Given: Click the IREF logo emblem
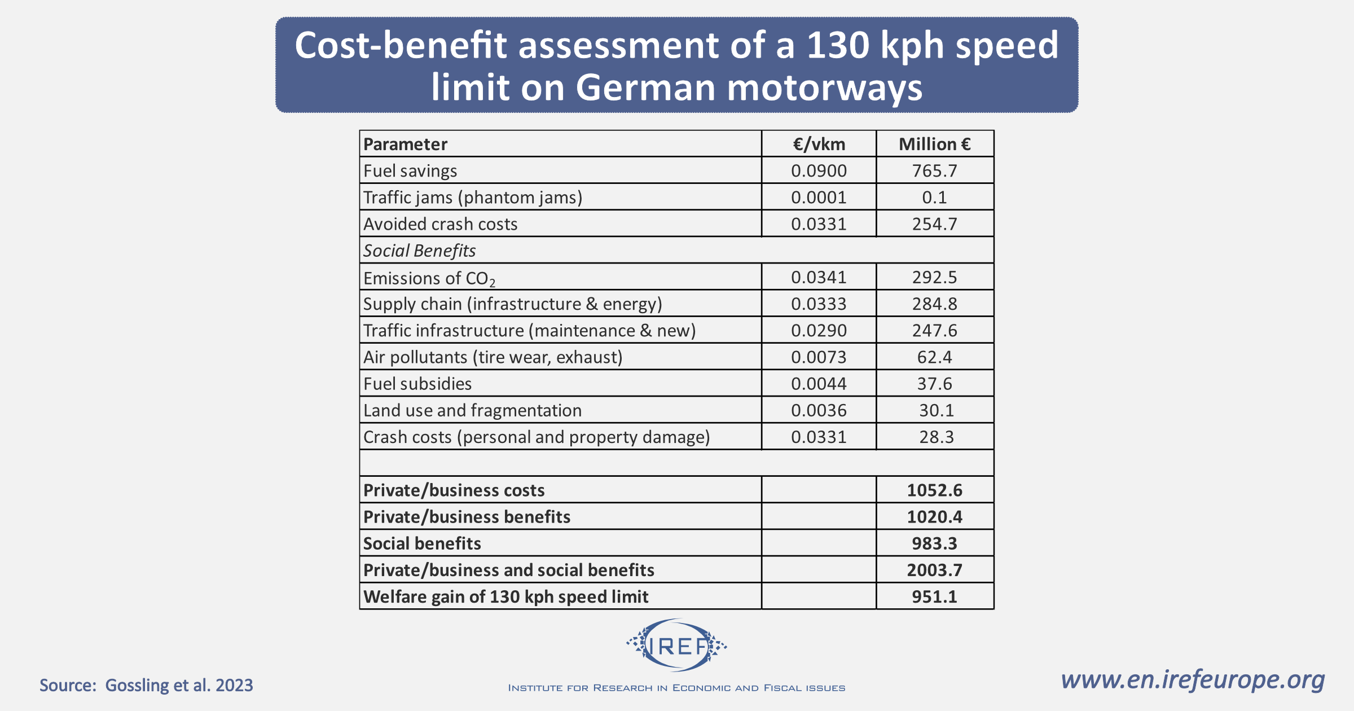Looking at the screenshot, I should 676,646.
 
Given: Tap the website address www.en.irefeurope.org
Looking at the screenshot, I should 1192,679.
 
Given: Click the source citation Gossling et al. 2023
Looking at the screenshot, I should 146,685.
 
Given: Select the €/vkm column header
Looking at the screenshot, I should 819,144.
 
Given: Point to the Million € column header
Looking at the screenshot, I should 934,144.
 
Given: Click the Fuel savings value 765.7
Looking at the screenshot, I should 934,171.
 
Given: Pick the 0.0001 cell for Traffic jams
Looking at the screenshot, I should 819,197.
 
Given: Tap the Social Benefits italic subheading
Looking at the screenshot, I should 419,251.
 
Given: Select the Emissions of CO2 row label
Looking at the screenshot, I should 429,278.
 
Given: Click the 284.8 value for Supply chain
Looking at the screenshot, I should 934,304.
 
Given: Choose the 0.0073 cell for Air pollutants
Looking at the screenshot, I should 819,357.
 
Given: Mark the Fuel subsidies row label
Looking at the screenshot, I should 417,384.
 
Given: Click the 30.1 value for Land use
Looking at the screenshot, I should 936,410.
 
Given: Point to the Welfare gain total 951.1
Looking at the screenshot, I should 934,597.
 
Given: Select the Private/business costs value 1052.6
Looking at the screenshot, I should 934,490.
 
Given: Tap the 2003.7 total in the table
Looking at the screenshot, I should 934,570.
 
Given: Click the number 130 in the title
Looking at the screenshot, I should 838,45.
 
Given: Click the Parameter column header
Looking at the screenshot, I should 405,144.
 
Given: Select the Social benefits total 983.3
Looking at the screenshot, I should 934,543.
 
